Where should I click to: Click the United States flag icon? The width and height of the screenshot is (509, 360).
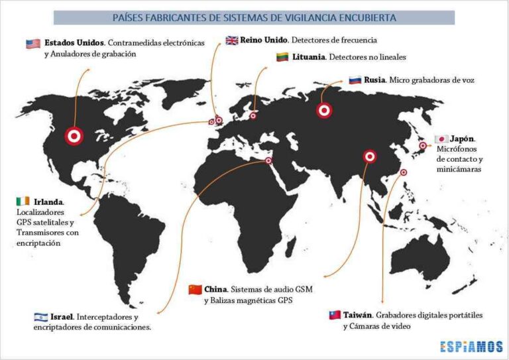tap(33, 44)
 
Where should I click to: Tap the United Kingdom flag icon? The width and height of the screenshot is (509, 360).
tap(232, 40)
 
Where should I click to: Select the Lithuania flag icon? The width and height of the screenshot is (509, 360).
tap(282, 57)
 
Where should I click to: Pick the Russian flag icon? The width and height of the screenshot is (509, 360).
tap(355, 80)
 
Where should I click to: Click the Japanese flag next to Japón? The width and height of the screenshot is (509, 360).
tap(440, 139)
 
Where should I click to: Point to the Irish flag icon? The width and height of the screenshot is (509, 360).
tap(23, 201)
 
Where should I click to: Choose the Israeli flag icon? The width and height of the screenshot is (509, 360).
tap(40, 317)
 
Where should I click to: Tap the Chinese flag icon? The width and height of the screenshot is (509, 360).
tap(195, 290)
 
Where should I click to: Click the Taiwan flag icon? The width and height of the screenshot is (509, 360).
tap(335, 315)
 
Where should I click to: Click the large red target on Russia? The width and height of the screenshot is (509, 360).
tap(324, 111)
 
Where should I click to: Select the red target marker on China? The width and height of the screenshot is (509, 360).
tap(369, 157)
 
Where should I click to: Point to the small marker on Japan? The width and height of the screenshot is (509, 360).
tap(422, 146)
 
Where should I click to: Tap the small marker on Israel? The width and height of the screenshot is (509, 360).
tap(268, 160)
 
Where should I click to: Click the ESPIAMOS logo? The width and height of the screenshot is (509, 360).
tap(472, 346)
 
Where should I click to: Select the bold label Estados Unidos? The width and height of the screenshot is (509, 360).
tap(74, 44)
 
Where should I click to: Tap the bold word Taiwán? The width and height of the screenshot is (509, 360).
tap(358, 315)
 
